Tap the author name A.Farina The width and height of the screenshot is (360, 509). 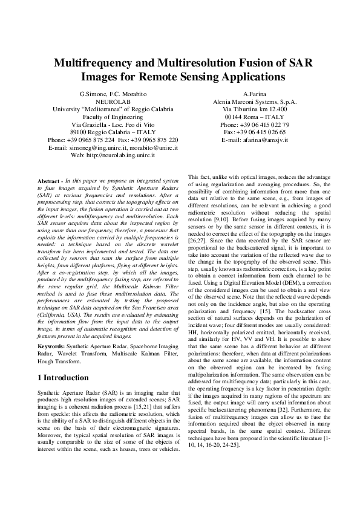[255, 95]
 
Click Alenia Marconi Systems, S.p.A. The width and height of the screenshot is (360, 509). [255, 102]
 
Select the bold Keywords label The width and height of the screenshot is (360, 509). [54, 347]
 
